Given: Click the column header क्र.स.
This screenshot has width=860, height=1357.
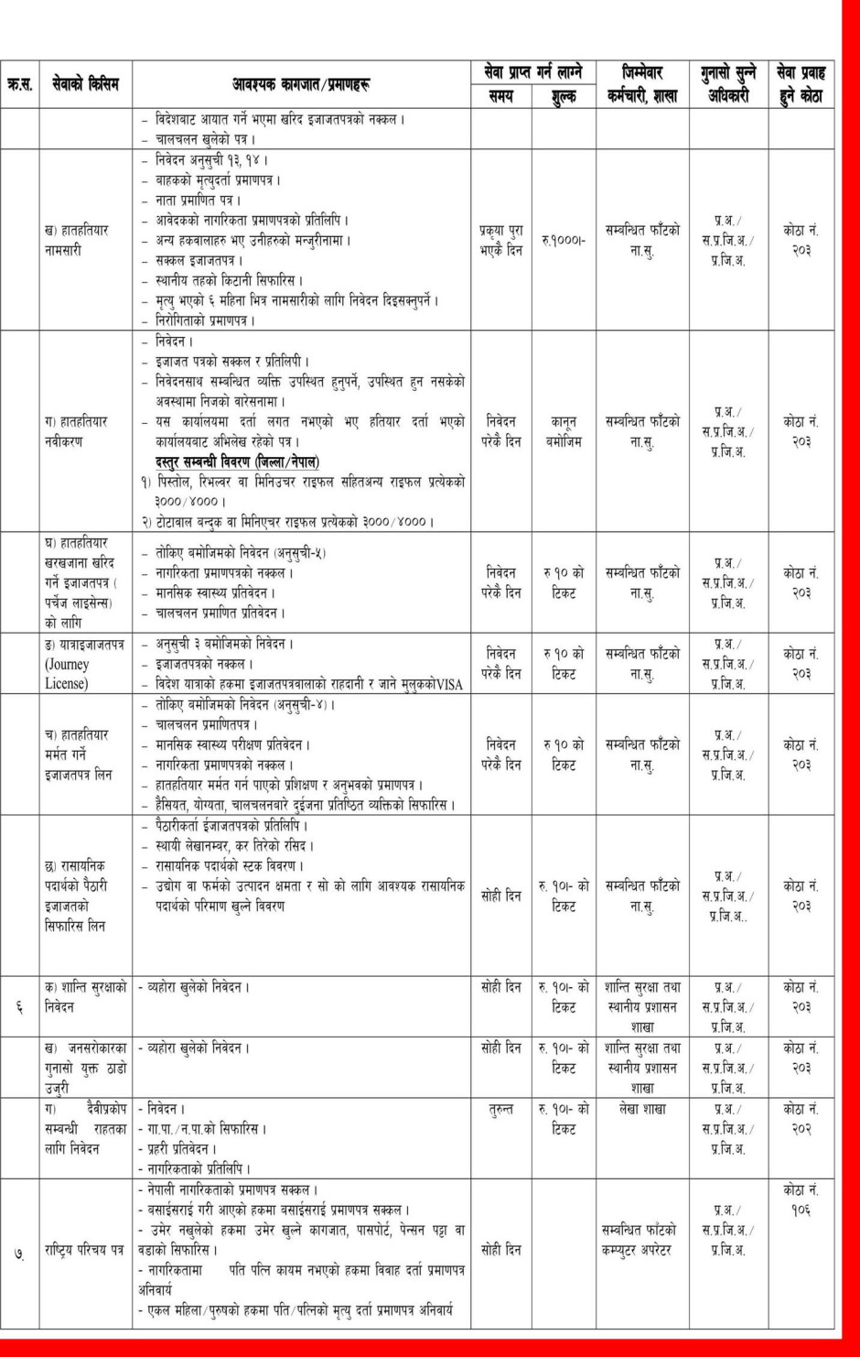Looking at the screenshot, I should pyautogui.click(x=19, y=85).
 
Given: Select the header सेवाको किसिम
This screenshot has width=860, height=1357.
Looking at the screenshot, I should pyautogui.click(x=85, y=85).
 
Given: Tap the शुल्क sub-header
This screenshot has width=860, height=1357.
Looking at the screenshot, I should pyautogui.click(x=564, y=96).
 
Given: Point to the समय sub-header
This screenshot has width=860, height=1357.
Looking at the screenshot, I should pyautogui.click(x=500, y=96).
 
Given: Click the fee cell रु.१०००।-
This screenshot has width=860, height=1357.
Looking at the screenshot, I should pyautogui.click(x=564, y=241).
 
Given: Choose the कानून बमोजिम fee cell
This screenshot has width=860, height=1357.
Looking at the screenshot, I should pyautogui.click(x=564, y=431).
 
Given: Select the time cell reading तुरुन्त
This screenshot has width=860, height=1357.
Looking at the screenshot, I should pyautogui.click(x=500, y=1109).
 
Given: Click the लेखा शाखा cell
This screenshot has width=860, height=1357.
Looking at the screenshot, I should pyautogui.click(x=641, y=1109).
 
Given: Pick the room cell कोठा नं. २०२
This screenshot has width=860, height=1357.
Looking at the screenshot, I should pyautogui.click(x=801, y=1119).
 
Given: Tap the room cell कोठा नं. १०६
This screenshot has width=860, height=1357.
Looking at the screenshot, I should pyautogui.click(x=801, y=1200).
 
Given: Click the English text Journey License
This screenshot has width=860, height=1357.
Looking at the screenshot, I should pyautogui.click(x=68, y=674).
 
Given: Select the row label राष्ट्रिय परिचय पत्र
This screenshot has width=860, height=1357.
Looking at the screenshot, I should pyautogui.click(x=84, y=1250).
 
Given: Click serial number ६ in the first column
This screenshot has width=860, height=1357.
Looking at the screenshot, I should pyautogui.click(x=19, y=1007).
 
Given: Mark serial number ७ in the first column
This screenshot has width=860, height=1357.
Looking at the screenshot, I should pyautogui.click(x=19, y=1251).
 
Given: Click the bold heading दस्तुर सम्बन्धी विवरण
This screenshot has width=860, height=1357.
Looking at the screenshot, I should pyautogui.click(x=237, y=461).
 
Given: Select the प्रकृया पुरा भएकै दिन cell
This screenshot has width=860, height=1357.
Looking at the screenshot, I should pyautogui.click(x=500, y=240).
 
